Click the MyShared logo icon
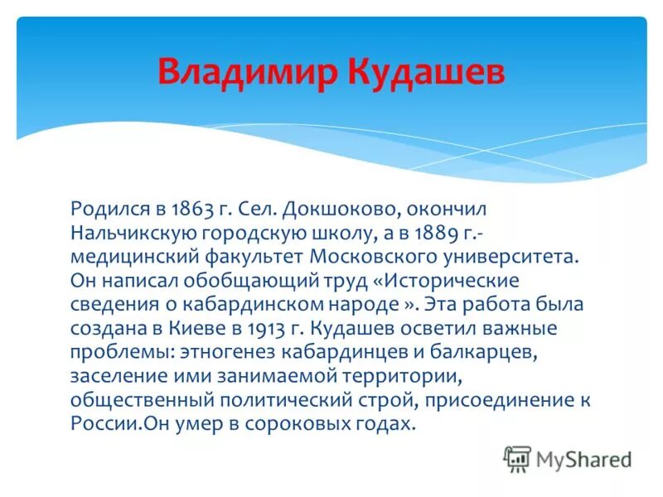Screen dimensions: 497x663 517,458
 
